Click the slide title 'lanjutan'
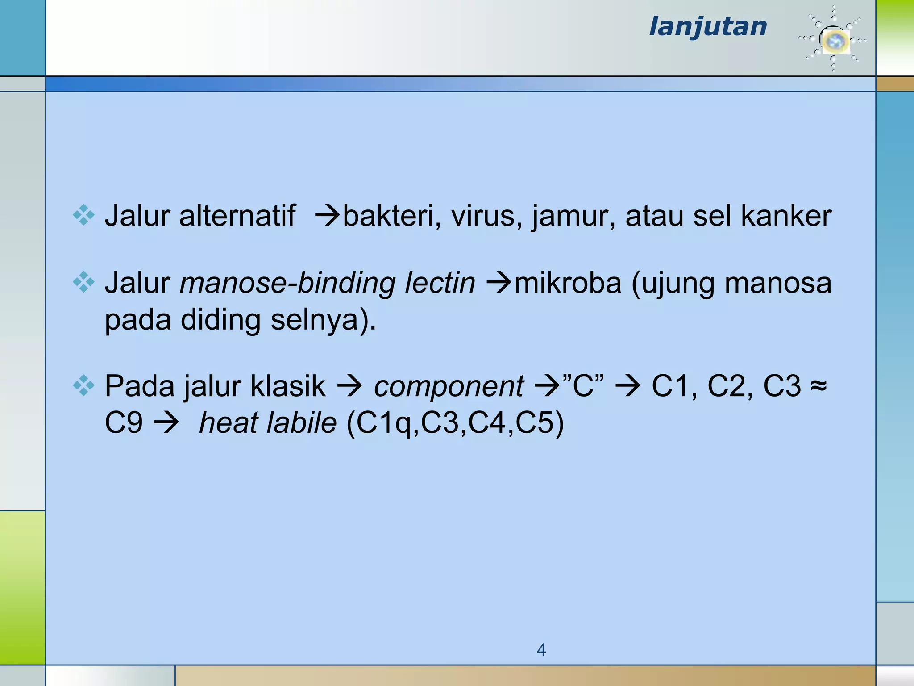click(708, 27)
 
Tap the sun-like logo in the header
click(833, 40)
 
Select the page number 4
click(541, 650)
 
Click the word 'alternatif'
click(237, 216)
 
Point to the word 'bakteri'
click(388, 216)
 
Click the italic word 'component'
click(449, 386)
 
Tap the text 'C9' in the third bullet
click(124, 422)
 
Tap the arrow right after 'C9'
click(166, 423)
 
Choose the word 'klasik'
click(288, 386)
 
